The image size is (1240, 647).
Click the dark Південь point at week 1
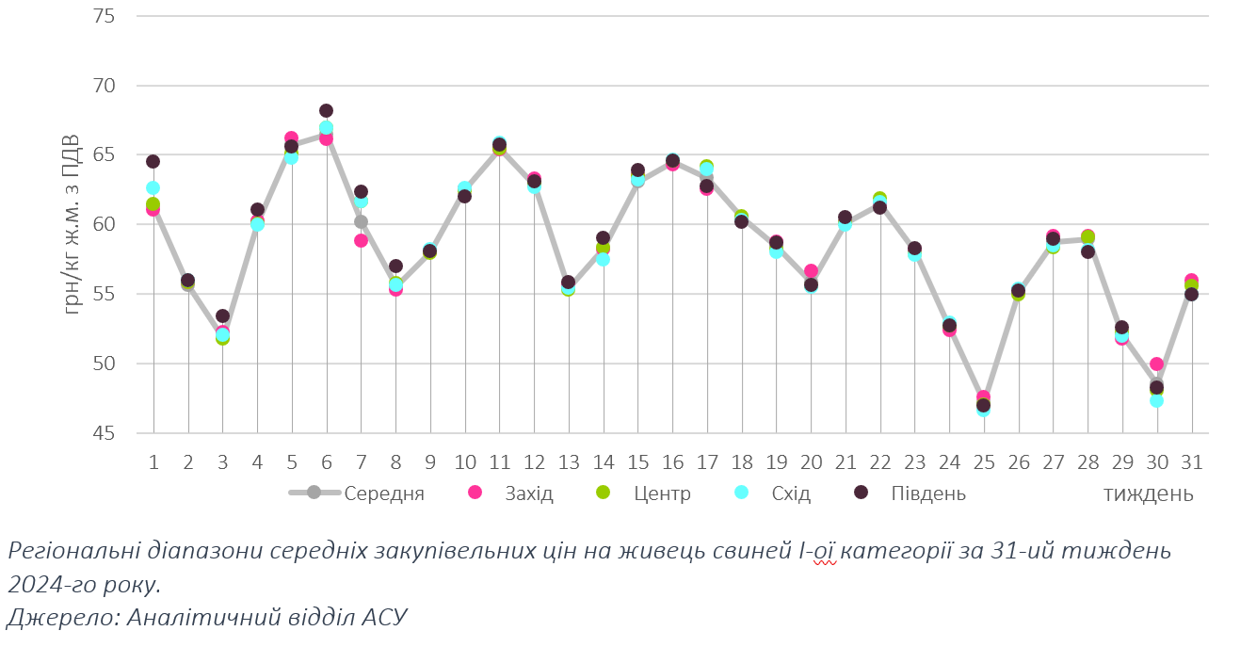[153, 161]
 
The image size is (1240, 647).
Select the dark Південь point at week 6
[326, 110]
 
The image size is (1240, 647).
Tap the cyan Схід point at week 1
[153, 187]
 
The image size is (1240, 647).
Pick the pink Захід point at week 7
[361, 240]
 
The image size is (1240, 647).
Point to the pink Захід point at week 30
[1156, 364]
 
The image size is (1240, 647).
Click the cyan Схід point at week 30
[1156, 400]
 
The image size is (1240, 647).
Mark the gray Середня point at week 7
[361, 221]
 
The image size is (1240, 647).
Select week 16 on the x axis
[672, 462]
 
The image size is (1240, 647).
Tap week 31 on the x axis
[1191, 462]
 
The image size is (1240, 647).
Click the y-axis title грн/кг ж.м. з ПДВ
[72, 226]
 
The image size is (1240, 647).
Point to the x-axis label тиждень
[1149, 493]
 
